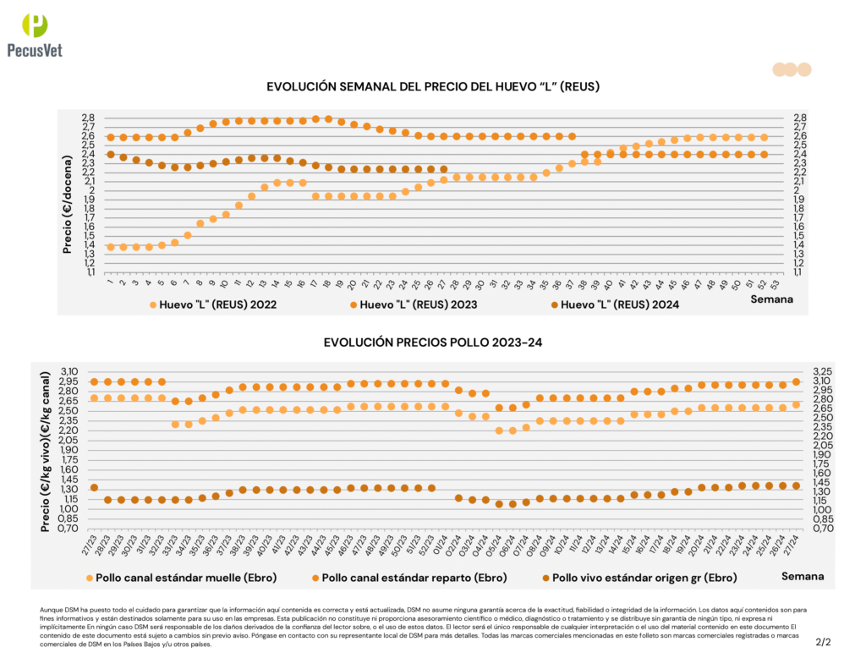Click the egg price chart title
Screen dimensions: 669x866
(x=433, y=86)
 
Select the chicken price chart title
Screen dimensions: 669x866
(x=432, y=343)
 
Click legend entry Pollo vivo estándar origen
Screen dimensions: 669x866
(x=639, y=578)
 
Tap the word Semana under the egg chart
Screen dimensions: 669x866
(x=773, y=299)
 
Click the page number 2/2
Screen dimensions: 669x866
(x=823, y=642)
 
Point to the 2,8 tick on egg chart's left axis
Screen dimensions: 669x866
(x=88, y=118)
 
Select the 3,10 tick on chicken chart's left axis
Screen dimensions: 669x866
(x=69, y=371)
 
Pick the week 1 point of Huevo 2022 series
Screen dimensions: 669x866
(x=111, y=247)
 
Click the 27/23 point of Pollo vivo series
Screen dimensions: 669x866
(x=94, y=487)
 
